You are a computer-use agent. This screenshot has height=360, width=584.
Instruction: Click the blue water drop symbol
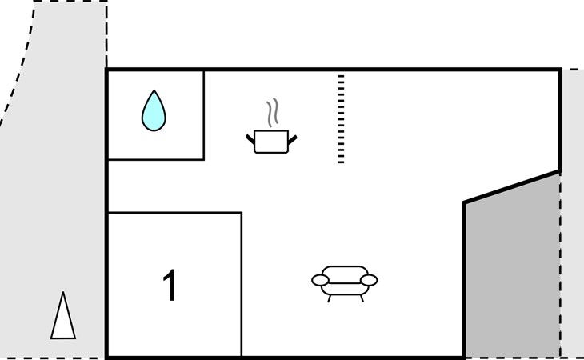[x=154, y=112]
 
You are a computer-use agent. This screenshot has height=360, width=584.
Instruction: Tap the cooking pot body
[x=270, y=142]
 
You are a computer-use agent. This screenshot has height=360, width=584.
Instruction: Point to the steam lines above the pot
[x=273, y=113]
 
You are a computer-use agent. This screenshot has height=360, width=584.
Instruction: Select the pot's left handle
[x=250, y=139]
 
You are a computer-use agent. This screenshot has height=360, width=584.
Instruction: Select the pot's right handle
[x=292, y=139]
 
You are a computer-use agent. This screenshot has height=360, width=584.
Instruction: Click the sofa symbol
[x=345, y=281]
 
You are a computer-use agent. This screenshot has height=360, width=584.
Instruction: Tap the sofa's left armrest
[x=320, y=280]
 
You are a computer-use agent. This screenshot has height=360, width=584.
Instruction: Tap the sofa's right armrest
[x=369, y=280]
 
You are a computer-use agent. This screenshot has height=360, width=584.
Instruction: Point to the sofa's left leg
[x=330, y=298]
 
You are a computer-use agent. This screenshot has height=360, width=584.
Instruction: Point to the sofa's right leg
[x=361, y=298]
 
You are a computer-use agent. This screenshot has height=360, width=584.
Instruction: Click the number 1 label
[x=170, y=286]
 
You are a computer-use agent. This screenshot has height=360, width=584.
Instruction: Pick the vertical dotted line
[x=341, y=119]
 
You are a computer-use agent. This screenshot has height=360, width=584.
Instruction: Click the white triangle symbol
[x=62, y=318]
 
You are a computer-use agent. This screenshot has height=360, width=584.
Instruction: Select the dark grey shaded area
[x=512, y=272]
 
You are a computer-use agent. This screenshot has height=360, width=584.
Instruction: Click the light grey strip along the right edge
[x=572, y=216]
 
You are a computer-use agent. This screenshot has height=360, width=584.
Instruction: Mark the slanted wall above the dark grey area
[x=512, y=186]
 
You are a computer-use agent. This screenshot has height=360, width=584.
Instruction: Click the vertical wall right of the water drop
[x=203, y=114]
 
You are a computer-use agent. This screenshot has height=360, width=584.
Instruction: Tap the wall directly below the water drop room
[x=155, y=159]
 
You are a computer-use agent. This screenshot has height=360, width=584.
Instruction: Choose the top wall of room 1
[x=174, y=213]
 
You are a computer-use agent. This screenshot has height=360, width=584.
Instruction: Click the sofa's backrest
[x=345, y=271]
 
